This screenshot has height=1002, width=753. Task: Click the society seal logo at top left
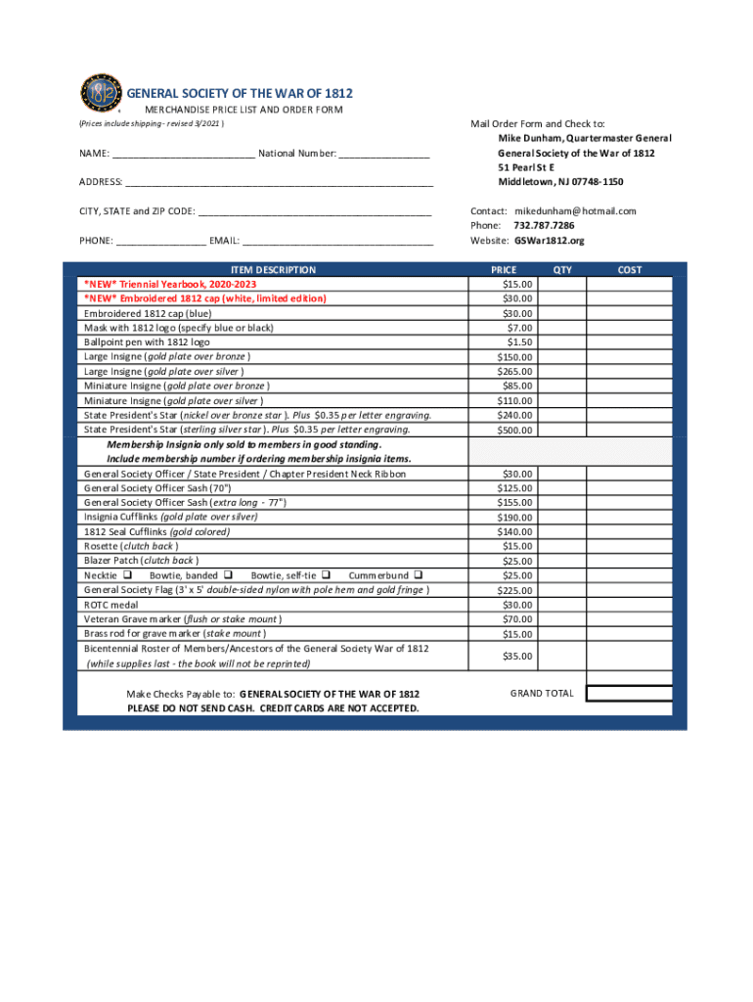pyautogui.click(x=100, y=94)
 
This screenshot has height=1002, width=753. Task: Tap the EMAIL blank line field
pyautogui.click(x=336, y=240)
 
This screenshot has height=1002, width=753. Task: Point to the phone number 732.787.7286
pyautogui.click(x=545, y=225)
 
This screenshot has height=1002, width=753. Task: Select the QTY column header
pyautogui.click(x=562, y=269)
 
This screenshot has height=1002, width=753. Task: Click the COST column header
pyautogui.click(x=630, y=269)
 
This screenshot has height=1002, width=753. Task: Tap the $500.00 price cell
pyautogui.click(x=504, y=431)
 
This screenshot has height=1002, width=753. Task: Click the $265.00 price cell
pyautogui.click(x=504, y=372)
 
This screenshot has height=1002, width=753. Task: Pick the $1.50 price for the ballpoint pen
pyautogui.click(x=504, y=342)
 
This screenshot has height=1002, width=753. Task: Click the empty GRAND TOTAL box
pyautogui.click(x=629, y=694)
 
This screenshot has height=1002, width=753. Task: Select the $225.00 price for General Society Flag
pyautogui.click(x=504, y=590)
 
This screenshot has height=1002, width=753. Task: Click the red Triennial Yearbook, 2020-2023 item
pyautogui.click(x=168, y=284)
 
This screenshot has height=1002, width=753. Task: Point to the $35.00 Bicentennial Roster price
pyautogui.click(x=504, y=656)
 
